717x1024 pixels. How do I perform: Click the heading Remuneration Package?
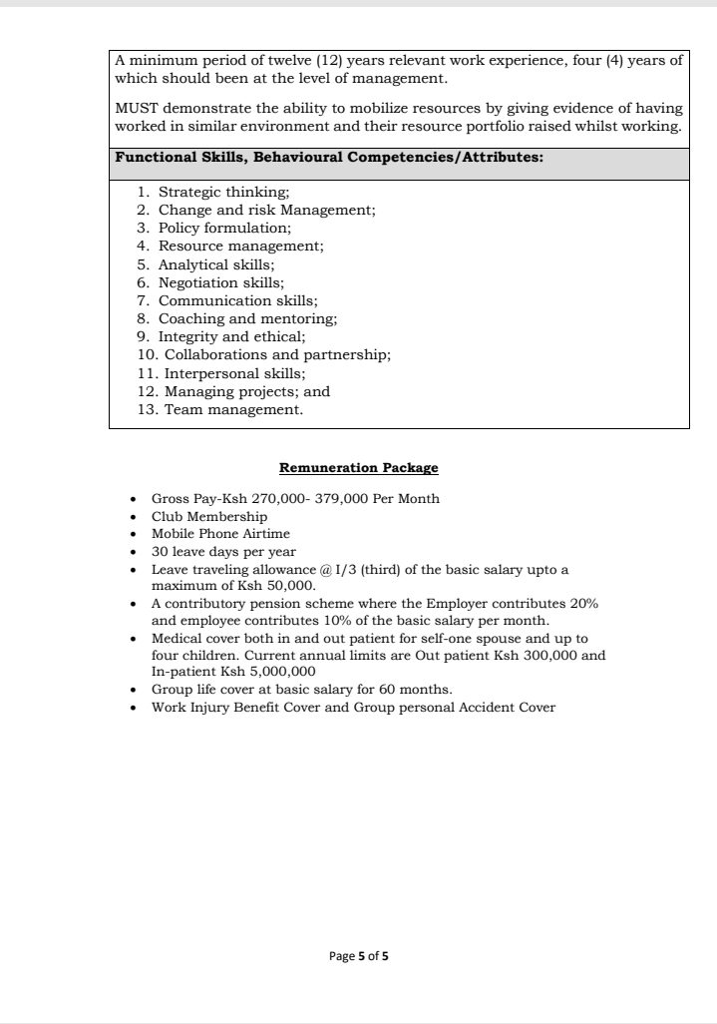tap(358, 467)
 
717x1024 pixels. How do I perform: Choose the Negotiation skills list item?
tap(220, 282)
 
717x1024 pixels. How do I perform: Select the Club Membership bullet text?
tap(209, 516)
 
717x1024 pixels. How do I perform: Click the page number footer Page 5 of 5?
tap(358, 956)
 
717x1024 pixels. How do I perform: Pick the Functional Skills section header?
tap(329, 158)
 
